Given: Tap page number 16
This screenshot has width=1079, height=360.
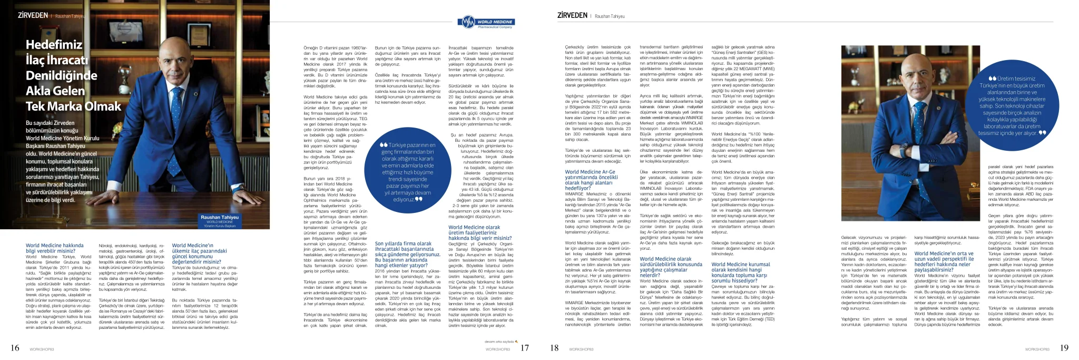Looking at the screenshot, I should tap(15, 348).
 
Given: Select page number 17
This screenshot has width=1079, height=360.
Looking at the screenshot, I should tap(524, 348).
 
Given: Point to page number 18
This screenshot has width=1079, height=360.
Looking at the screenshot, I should tap(554, 348).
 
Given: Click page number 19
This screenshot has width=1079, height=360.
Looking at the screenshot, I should tap(1064, 348).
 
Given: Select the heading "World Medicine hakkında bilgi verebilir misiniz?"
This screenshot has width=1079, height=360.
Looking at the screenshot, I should tap(55, 248).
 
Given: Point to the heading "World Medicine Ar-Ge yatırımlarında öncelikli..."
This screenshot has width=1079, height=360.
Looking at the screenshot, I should tap(590, 180).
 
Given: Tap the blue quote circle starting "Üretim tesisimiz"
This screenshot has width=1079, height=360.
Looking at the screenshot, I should tap(1012, 105).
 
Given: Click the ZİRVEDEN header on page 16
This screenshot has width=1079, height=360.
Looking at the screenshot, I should tap(33, 16).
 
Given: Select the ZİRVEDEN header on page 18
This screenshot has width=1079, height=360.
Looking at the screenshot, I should tap(572, 16).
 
